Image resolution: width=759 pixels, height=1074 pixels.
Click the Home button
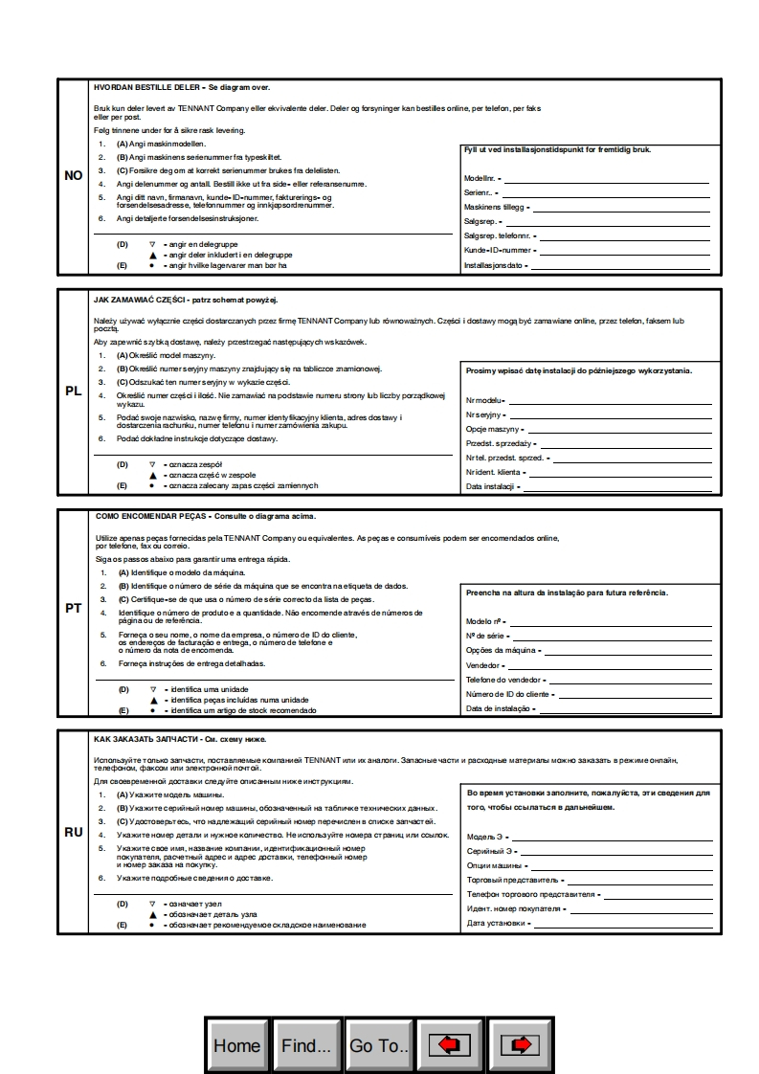[237, 1045]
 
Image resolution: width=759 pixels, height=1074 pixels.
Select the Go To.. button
[379, 1045]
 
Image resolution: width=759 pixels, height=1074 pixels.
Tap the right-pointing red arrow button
[520, 1045]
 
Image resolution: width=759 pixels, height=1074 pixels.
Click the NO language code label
[74, 176]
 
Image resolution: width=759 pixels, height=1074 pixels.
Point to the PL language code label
[74, 392]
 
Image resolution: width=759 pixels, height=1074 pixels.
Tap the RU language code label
[74, 832]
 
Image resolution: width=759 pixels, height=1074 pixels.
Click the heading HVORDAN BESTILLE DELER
[147, 87]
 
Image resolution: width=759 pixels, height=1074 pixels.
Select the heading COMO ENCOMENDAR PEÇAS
[152, 516]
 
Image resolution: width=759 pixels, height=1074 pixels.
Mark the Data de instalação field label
[499, 709]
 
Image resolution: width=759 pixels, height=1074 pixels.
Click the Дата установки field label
[496, 924]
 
